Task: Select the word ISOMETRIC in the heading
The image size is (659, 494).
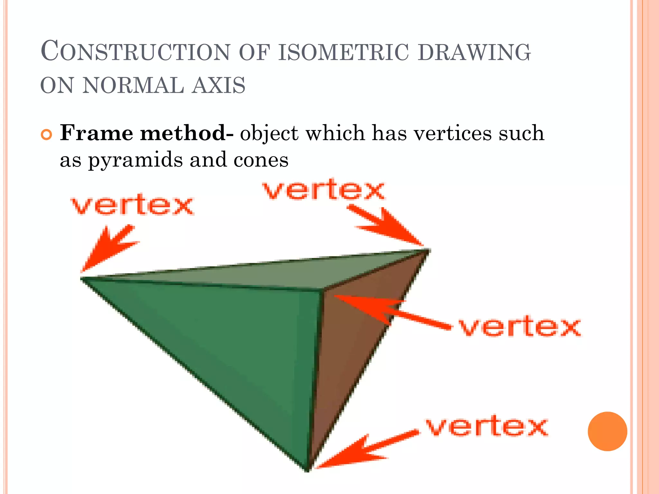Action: [343, 52]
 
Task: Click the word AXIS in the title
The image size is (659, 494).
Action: [218, 86]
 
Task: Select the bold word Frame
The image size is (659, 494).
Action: [97, 133]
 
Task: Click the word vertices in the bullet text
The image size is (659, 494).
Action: [453, 133]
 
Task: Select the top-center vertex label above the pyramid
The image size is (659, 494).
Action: [324, 190]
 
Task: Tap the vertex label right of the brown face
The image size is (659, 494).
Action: [520, 327]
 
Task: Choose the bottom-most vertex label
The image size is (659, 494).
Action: [487, 427]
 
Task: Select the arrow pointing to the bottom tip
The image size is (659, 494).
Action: [364, 450]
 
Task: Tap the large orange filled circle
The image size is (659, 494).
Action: [607, 431]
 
